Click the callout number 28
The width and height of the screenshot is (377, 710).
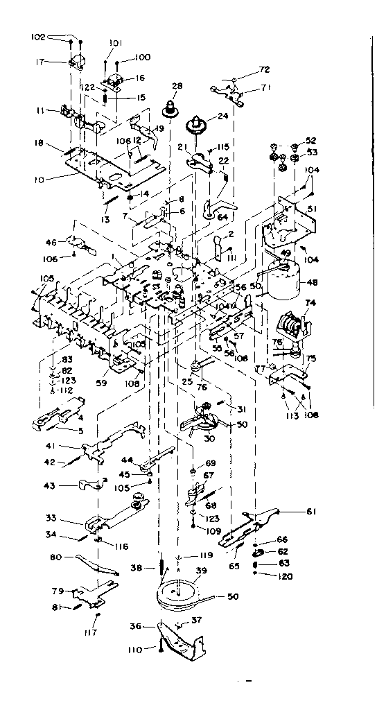(177, 86)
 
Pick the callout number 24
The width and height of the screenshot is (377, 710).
(222, 116)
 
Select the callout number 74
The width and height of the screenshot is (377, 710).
(310, 303)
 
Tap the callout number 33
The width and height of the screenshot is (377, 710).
(51, 518)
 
